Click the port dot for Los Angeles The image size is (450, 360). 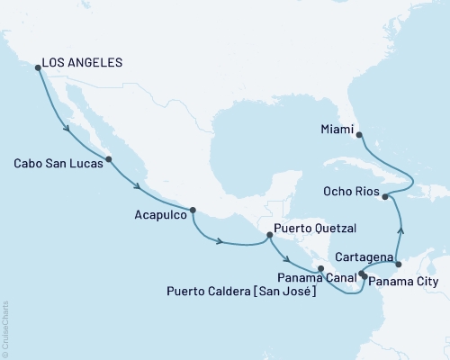[x=37, y=67]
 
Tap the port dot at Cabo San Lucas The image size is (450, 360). [x=109, y=160]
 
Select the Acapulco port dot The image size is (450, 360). [x=193, y=211]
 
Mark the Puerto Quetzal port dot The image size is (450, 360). [x=268, y=236]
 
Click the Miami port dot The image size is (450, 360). [x=359, y=135]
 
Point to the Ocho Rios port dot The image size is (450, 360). [x=384, y=195]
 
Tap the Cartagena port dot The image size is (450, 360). [x=398, y=265]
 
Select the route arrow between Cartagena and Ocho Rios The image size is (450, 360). [x=401, y=231]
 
